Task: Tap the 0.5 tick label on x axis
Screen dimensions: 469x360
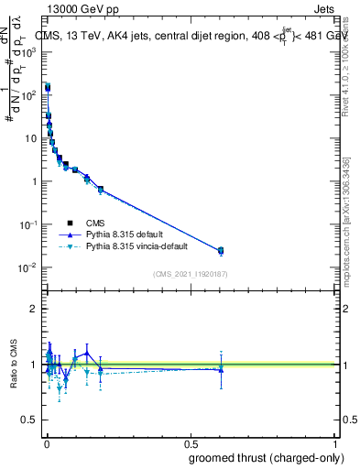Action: tap(191, 444)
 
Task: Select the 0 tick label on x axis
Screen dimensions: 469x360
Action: tap(47, 444)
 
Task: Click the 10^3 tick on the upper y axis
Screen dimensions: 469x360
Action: tap(29, 52)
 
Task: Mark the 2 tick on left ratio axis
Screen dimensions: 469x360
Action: tap(35, 309)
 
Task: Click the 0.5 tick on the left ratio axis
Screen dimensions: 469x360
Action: tap(31, 421)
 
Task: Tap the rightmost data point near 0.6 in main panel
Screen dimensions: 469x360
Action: tap(220, 250)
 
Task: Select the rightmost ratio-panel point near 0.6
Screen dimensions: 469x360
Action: tap(220, 368)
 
